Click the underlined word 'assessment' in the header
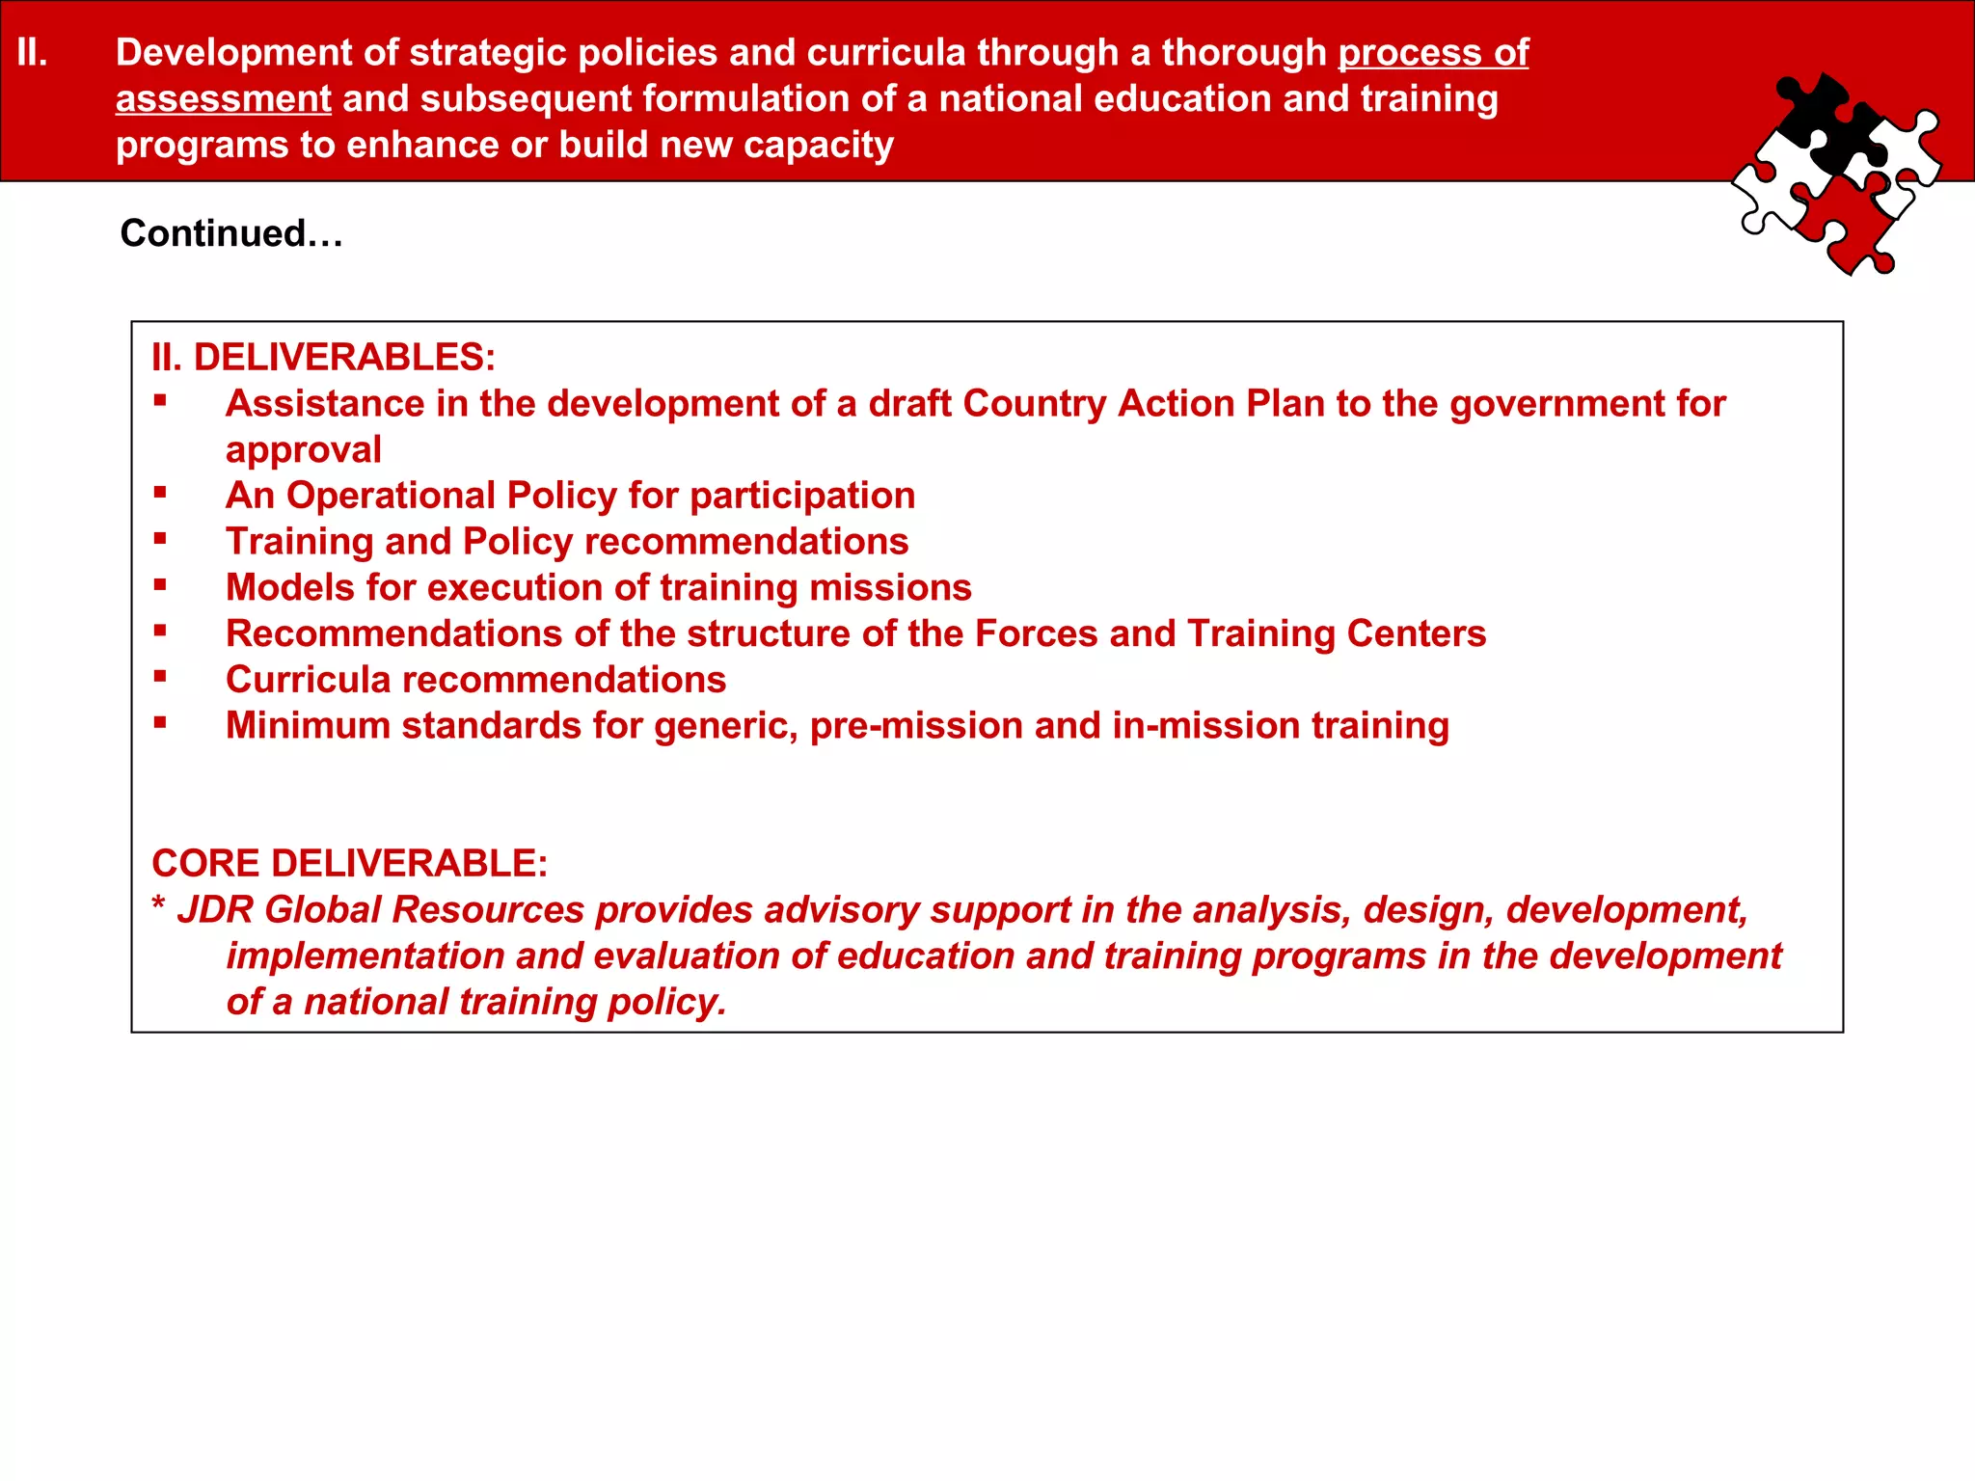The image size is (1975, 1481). tap(223, 98)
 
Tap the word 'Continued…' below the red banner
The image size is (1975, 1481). tap(231, 233)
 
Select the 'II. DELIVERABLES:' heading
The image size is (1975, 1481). tap(323, 357)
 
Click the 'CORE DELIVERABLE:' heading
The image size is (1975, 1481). tap(349, 863)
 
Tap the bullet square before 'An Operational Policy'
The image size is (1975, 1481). tap(160, 493)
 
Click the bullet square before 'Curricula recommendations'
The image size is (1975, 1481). tap(160, 677)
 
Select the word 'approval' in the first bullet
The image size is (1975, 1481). tap(304, 449)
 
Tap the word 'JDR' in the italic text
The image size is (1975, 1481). tap(214, 909)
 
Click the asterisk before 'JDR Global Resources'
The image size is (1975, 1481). tap(158, 906)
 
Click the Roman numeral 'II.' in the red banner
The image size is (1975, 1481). tap(33, 52)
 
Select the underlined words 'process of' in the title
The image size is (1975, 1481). tap(1433, 52)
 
